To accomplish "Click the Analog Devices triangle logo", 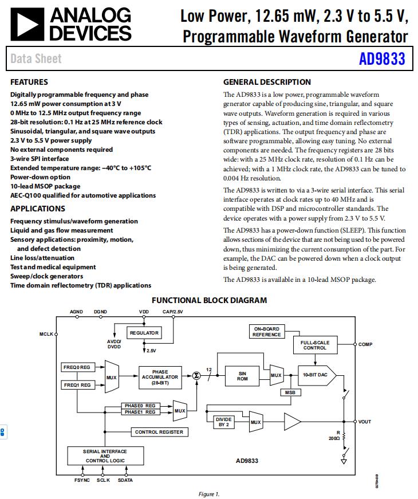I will point(26,24).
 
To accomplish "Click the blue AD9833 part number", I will point(382,59).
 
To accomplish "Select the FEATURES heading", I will point(29,82).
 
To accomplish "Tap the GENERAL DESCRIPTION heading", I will point(267,82).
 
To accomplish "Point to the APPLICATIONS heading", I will point(38,209).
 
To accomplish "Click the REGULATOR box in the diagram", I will point(144,333).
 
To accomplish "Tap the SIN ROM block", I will point(242,376).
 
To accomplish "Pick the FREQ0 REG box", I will point(77,367).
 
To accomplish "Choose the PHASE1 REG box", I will point(140,412).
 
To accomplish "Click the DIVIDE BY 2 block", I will point(223,422).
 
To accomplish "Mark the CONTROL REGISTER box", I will point(159,432).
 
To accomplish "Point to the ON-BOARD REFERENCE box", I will point(266,332).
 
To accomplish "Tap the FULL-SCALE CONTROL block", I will point(315,345).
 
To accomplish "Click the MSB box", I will point(289,393).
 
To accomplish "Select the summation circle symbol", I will point(196,375).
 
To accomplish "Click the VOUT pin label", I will point(365,422).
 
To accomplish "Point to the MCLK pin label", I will point(46,333).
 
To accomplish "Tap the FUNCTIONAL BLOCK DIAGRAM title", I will point(209,300).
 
